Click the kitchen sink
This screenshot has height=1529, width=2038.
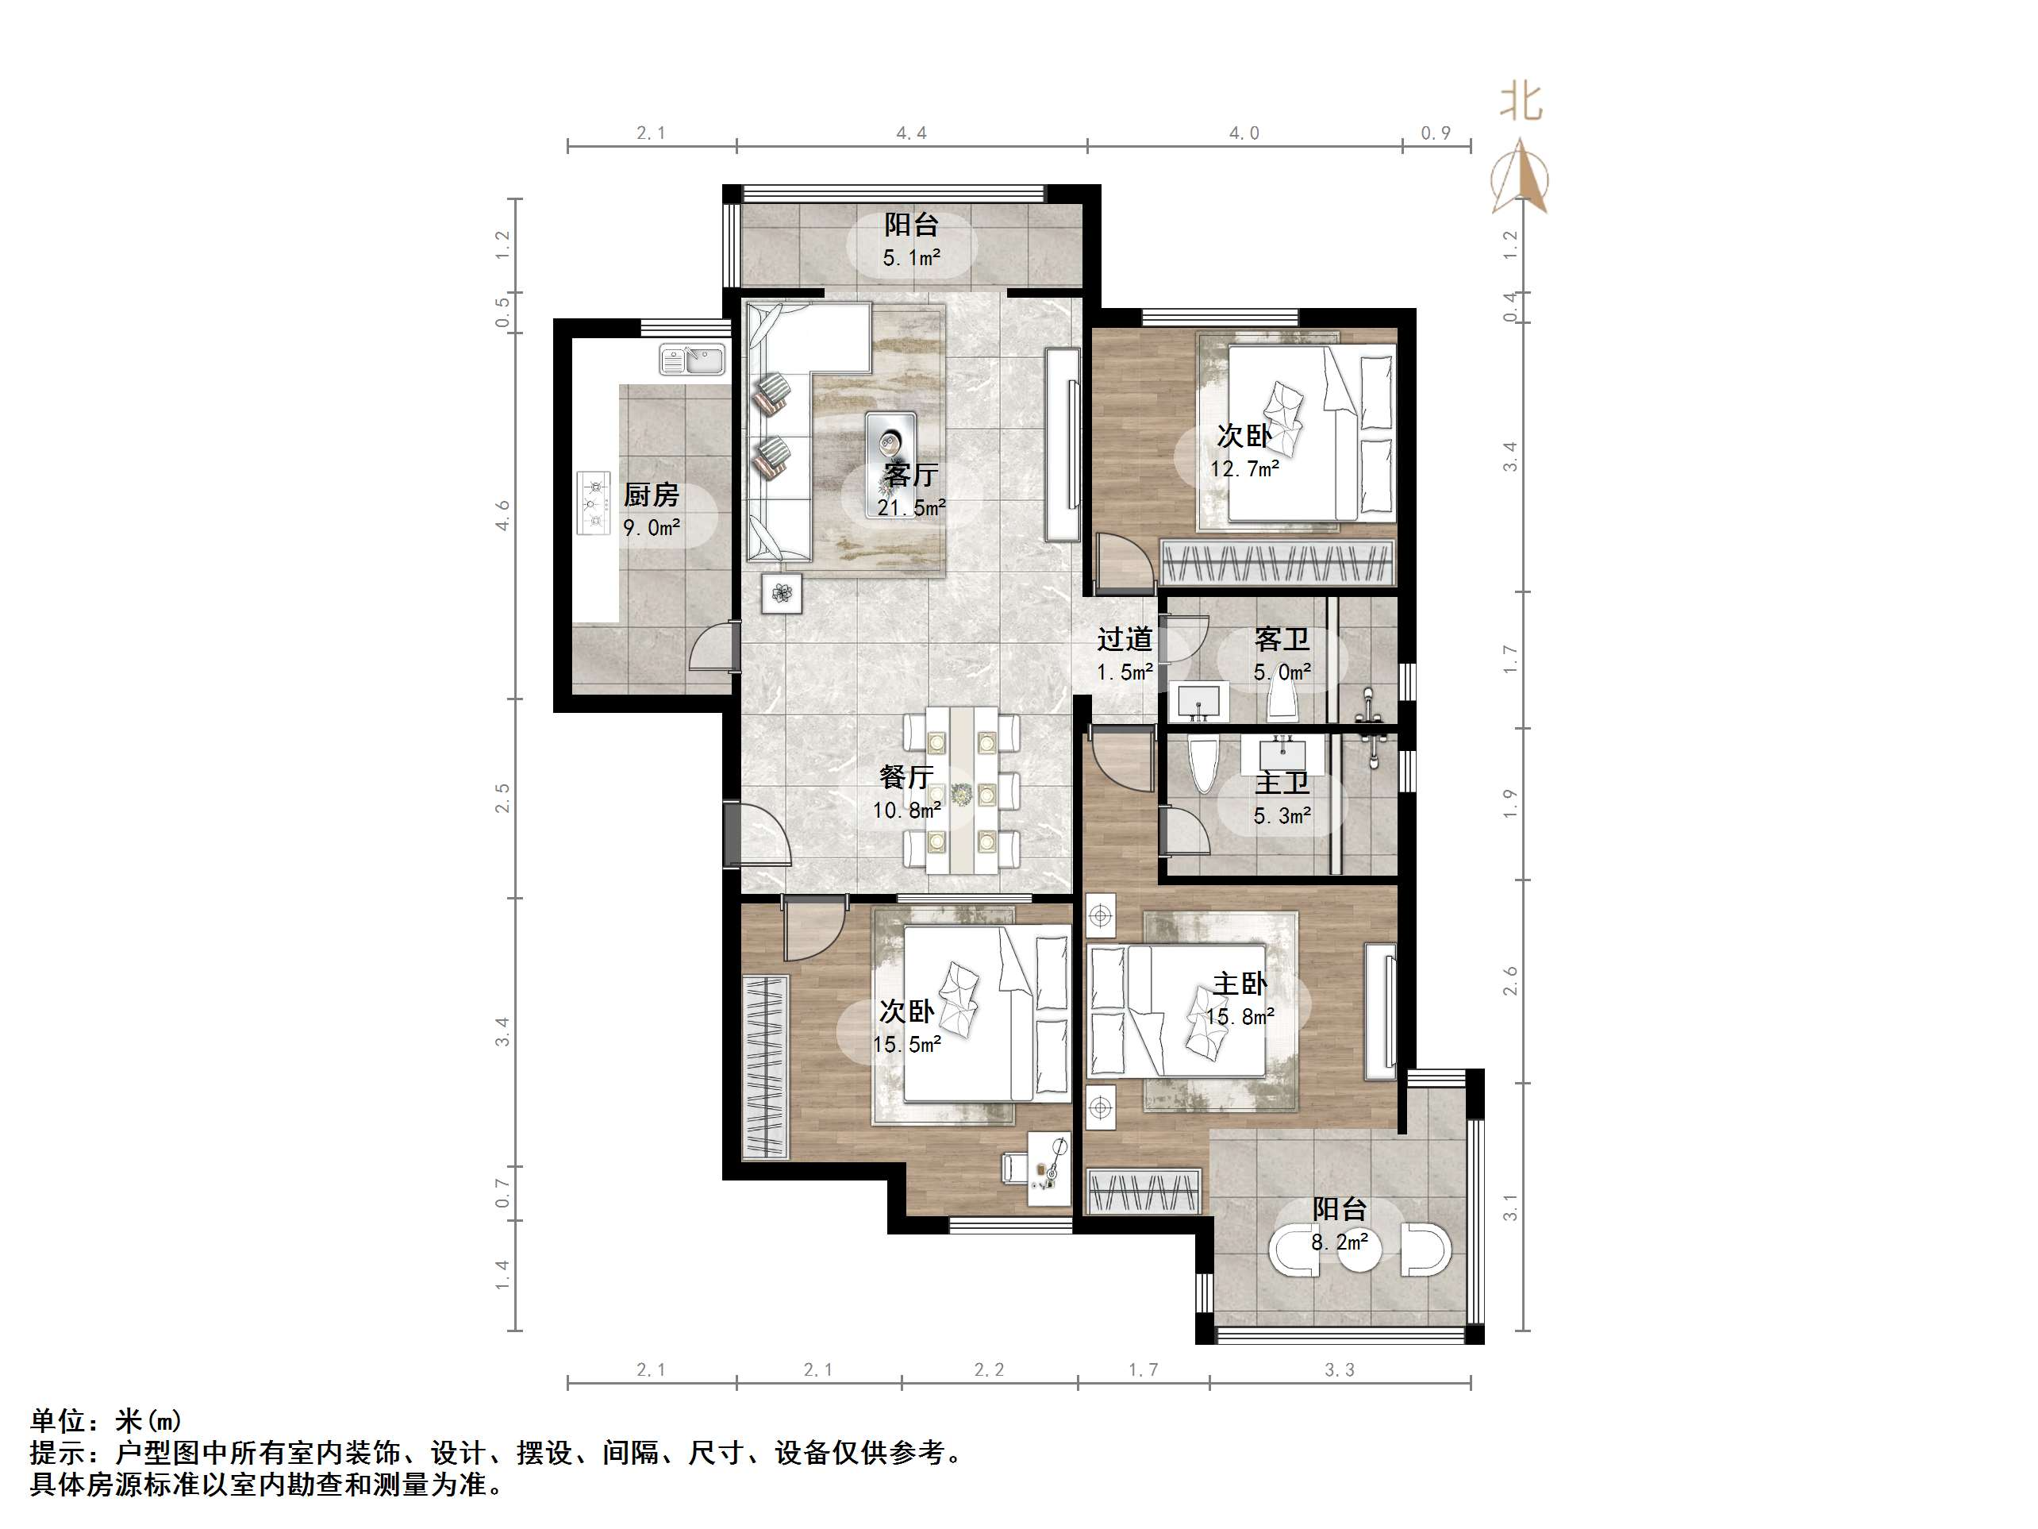tap(694, 359)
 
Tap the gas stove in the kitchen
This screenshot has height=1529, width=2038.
tap(594, 503)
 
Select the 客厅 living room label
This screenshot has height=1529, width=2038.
tap(910, 475)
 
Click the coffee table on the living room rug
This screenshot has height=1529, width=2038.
tap(890, 464)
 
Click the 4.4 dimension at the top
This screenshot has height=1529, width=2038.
tap(911, 133)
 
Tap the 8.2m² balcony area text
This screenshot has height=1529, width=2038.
tap(1340, 1243)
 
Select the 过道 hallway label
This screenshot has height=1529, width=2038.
tap(1124, 639)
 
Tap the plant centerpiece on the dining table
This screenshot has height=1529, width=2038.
tap(963, 792)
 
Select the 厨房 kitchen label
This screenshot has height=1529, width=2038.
tap(651, 495)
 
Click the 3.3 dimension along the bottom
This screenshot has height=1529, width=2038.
tap(1340, 1370)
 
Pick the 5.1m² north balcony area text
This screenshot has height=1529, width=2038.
tap(911, 258)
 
